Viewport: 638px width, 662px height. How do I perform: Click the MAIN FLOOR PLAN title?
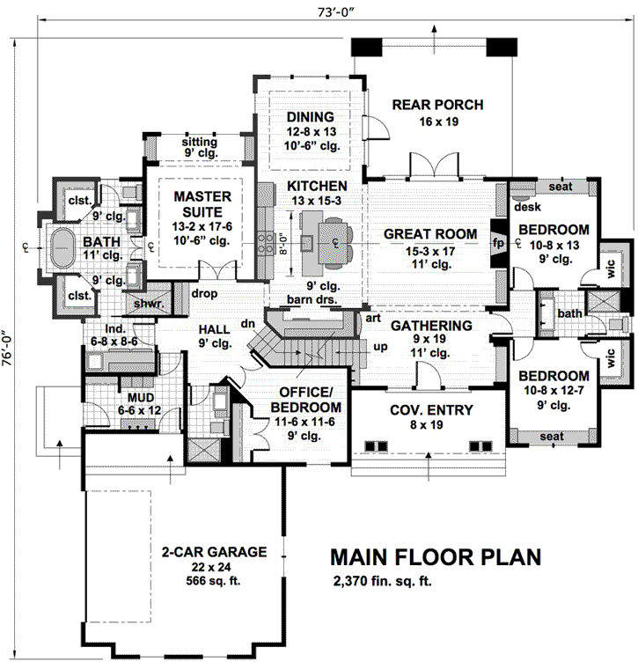coord(436,557)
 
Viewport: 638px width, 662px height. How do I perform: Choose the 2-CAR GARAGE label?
coord(214,552)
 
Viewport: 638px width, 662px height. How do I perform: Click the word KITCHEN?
coord(316,187)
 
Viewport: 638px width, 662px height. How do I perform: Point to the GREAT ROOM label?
coord(429,234)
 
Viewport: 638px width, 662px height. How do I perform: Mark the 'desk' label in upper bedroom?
coord(528,208)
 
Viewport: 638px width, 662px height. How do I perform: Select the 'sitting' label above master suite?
coord(199,141)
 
